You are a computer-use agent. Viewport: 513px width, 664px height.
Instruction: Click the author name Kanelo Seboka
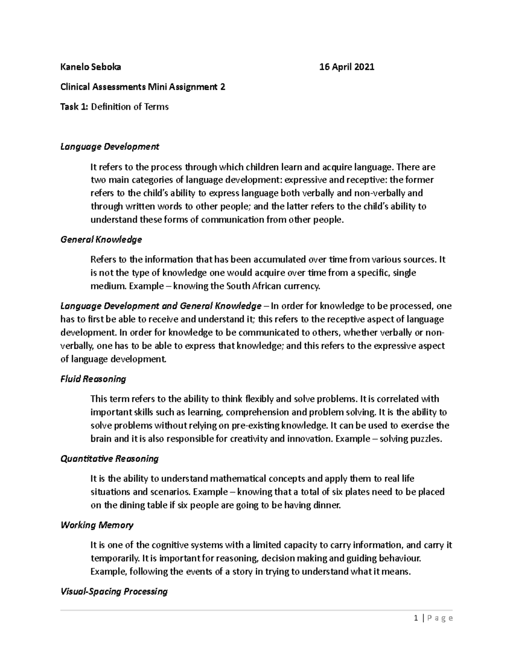(x=91, y=67)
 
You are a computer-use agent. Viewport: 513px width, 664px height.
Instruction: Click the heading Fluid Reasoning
(x=93, y=379)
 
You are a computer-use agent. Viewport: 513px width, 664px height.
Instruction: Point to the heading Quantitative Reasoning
(x=109, y=459)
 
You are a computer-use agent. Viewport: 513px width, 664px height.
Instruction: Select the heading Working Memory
(x=97, y=525)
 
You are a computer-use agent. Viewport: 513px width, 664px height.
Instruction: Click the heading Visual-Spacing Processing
(x=114, y=592)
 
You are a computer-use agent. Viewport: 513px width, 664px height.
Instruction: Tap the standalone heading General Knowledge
(x=101, y=239)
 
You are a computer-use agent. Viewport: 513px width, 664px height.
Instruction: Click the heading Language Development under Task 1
(x=109, y=147)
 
